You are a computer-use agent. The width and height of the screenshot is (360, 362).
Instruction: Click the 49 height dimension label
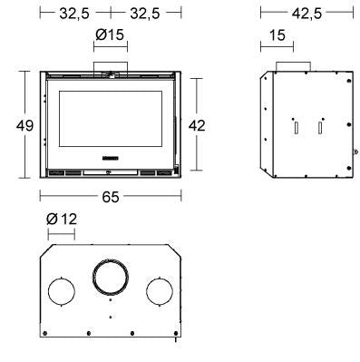pyautogui.click(x=24, y=125)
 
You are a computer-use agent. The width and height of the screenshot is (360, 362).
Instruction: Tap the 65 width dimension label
pyautogui.click(x=111, y=197)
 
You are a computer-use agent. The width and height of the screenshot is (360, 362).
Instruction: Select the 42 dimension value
pyautogui.click(x=197, y=125)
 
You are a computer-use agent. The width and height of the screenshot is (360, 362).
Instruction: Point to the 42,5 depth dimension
pyautogui.click(x=306, y=14)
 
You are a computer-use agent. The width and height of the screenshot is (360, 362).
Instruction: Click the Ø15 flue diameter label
pyautogui.click(x=110, y=34)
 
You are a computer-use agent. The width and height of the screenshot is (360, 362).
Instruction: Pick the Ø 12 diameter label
pyautogui.click(x=62, y=219)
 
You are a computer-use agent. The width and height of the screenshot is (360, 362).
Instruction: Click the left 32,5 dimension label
pyautogui.click(x=74, y=14)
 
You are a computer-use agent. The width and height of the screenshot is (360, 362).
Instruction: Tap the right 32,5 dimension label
pyautogui.click(x=145, y=14)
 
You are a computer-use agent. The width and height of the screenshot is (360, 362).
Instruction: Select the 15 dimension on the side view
pyautogui.click(x=277, y=35)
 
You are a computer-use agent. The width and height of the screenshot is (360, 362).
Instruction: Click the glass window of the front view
pyautogui.click(x=111, y=119)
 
